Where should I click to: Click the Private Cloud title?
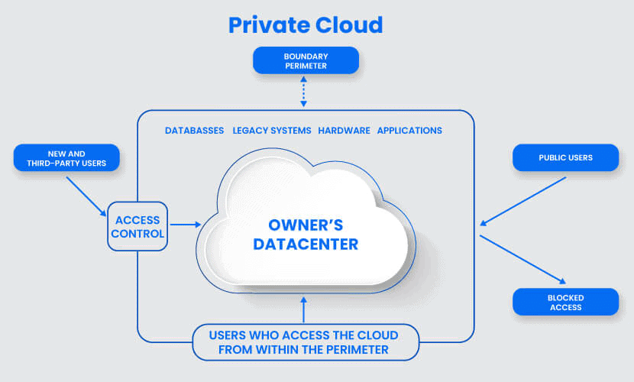point(306,24)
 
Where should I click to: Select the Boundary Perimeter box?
point(306,60)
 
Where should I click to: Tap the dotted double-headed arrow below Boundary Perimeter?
point(304,92)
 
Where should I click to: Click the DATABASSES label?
point(195,131)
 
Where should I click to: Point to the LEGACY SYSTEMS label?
point(272,131)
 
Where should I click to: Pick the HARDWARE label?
point(344,131)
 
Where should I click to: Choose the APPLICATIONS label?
point(409,131)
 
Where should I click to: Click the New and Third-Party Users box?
point(66,158)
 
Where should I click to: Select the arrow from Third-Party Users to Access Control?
point(86,196)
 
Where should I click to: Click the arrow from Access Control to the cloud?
point(186,225)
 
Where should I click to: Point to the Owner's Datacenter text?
point(306,235)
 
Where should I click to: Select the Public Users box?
point(566,157)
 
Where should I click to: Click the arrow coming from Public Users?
point(522,201)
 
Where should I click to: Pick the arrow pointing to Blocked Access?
point(522,260)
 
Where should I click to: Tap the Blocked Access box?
point(566,302)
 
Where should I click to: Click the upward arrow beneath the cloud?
point(304,310)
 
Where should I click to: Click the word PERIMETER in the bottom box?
point(357,350)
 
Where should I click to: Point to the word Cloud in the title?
point(349,24)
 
